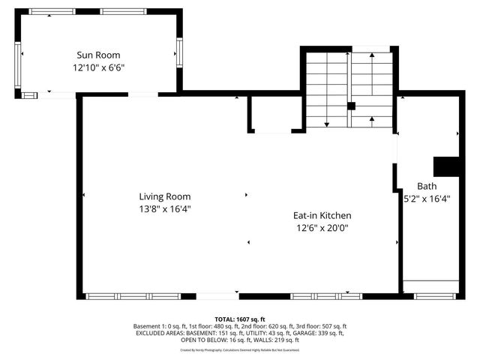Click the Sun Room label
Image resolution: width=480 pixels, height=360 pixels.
click(98, 55)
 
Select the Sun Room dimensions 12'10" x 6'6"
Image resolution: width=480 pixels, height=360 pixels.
click(98, 67)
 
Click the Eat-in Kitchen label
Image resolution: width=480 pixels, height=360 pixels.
click(322, 215)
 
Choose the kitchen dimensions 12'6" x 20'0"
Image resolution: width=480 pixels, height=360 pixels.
click(322, 227)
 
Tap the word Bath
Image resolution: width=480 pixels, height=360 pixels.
click(427, 187)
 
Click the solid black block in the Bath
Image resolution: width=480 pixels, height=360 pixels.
click(447, 166)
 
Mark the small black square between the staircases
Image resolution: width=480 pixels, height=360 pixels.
click(350, 106)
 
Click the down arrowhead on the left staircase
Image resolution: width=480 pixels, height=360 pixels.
click(327, 123)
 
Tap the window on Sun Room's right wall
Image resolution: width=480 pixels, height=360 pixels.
click(178, 52)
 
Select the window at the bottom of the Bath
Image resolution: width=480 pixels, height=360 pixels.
click(435, 295)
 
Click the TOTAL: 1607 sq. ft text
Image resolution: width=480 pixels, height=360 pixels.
click(239, 319)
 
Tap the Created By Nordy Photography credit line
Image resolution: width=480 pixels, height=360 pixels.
click(239, 349)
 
